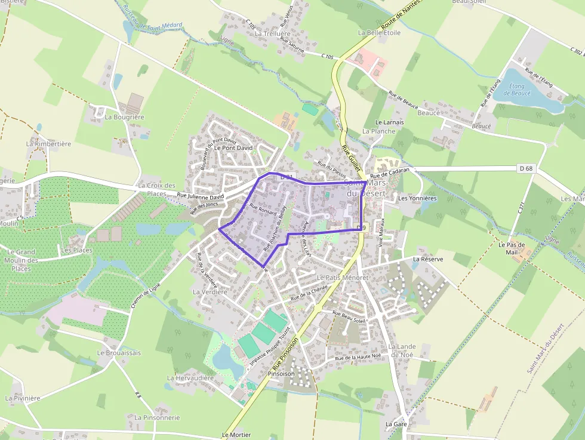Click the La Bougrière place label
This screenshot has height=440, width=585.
coord(125,117)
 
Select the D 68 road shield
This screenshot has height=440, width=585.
coord(526,169)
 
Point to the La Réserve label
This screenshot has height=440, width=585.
coord(428,259)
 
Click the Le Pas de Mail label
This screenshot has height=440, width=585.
coord(512,248)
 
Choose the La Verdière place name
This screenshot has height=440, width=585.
coord(210,292)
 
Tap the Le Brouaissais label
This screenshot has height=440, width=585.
coord(119,353)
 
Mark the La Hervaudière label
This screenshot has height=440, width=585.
coord(190,378)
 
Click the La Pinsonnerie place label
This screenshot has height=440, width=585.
coord(157,417)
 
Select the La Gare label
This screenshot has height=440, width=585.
coord(396,424)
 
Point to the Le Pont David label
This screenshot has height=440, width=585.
coord(233,147)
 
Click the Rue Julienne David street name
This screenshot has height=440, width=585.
coord(200,195)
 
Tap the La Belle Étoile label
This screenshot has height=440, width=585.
coord(379,33)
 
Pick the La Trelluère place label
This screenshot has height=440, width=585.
coord(273,34)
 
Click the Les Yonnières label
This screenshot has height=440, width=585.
coord(417,198)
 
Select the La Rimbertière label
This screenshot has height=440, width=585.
coord(49,144)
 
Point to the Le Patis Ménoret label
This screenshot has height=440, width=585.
coord(343,278)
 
